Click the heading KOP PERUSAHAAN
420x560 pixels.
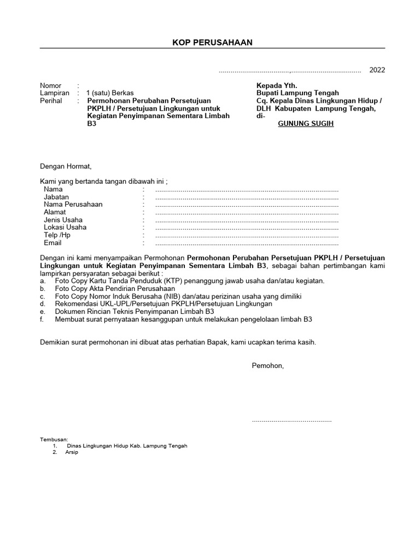(212, 43)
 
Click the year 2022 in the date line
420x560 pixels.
(377, 70)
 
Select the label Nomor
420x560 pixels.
(51, 86)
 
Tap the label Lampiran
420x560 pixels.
(55, 94)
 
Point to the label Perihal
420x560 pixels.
(52, 101)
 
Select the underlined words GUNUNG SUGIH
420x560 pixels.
(306, 124)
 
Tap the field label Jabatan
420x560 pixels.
(57, 197)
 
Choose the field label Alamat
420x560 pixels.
(55, 212)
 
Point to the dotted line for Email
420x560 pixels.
(247, 243)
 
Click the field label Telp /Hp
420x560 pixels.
(57, 235)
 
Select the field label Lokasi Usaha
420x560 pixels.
(65, 227)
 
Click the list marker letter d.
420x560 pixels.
(42, 304)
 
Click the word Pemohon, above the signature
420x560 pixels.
(267, 365)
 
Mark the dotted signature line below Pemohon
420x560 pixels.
(291, 421)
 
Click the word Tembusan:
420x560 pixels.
(54, 439)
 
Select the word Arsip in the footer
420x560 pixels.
(72, 452)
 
